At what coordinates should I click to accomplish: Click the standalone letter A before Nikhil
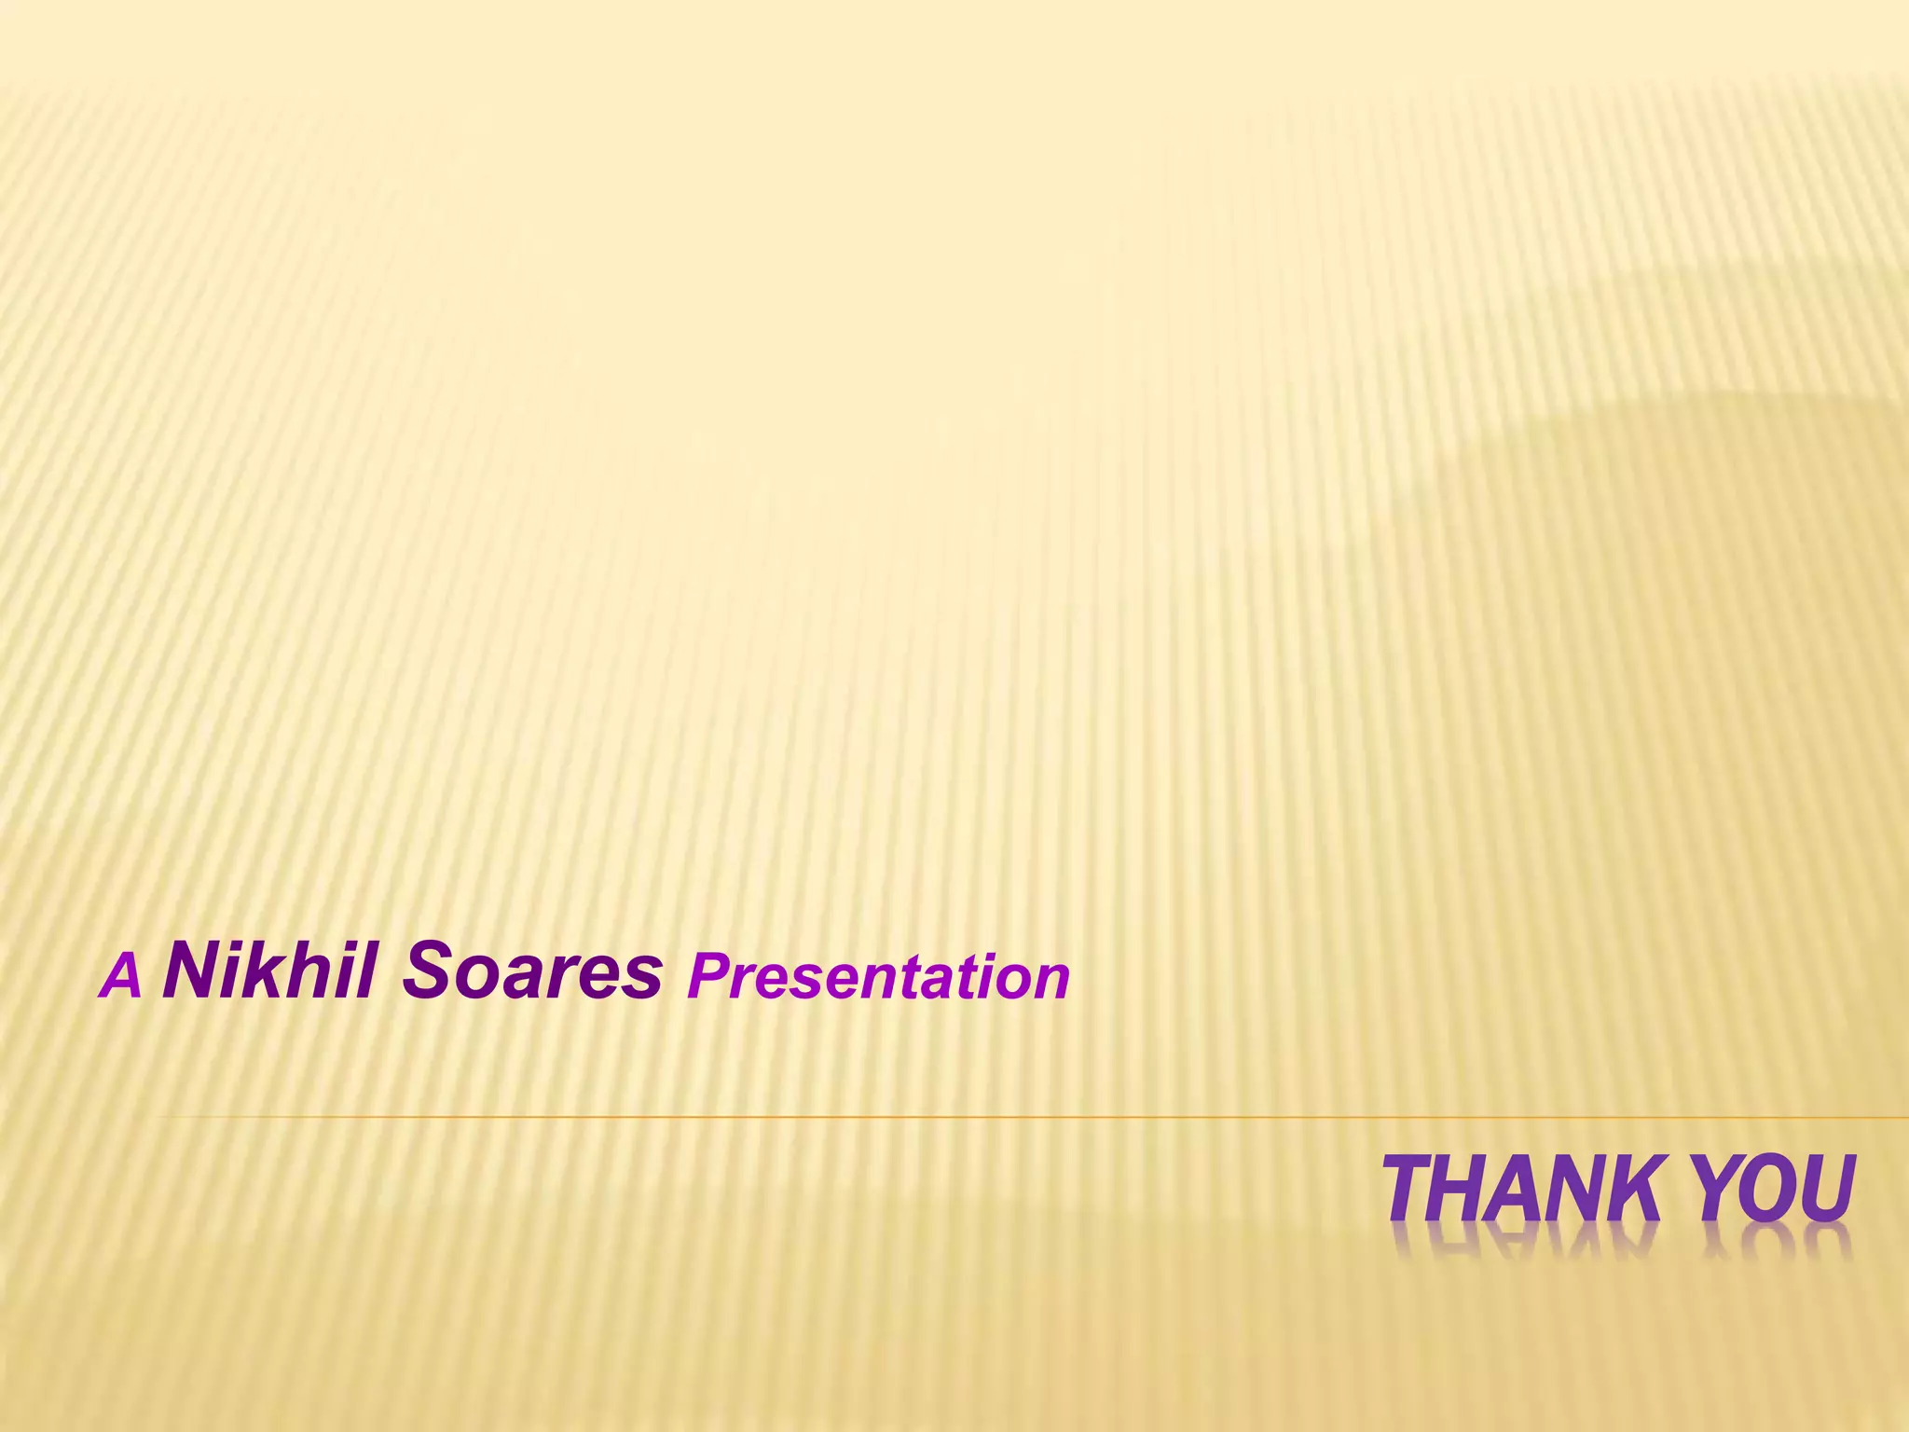[121, 978]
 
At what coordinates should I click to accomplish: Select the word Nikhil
[269, 971]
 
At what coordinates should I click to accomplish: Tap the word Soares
[531, 971]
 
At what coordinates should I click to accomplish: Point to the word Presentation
[877, 978]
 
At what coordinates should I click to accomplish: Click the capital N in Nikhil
[190, 971]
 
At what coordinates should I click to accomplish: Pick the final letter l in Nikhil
[369, 971]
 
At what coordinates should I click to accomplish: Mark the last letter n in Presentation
[1051, 982]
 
